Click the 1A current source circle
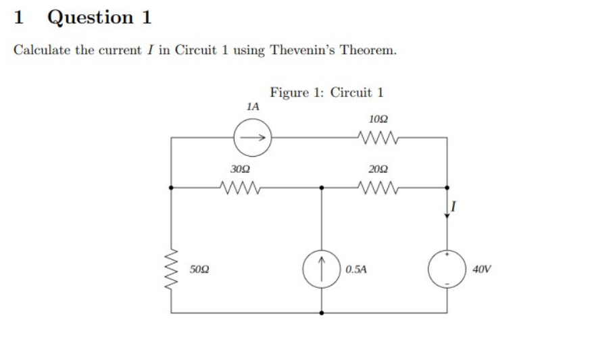click(252, 137)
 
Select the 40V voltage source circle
click(446, 268)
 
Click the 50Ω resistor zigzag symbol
click(171, 268)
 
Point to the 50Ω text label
click(199, 269)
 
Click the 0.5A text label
click(355, 269)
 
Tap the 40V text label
click(482, 269)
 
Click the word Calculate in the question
click(43, 51)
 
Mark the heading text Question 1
click(99, 17)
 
